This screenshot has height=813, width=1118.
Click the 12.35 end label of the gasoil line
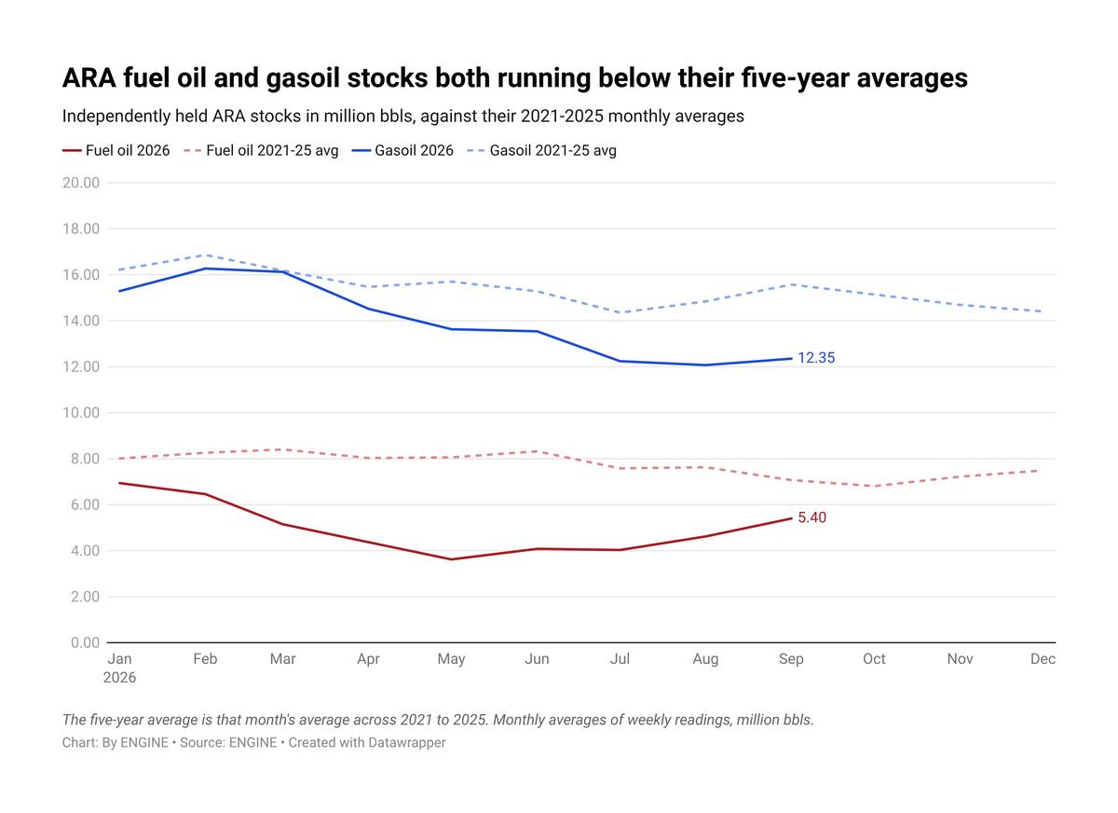[816, 358]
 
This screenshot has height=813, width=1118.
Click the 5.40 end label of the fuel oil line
[812, 517]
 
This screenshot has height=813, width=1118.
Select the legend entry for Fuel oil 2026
[116, 150]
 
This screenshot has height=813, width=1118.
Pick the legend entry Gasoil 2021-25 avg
[541, 150]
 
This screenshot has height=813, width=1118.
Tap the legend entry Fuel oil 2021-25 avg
[261, 150]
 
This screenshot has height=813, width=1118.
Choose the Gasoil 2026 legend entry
[402, 150]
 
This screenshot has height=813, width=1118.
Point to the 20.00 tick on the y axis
[81, 183]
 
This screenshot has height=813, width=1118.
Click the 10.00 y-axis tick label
[81, 413]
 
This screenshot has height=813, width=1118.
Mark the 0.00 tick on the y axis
[85, 642]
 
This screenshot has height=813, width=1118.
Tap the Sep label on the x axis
[791, 659]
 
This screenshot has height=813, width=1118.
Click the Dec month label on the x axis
[1043, 659]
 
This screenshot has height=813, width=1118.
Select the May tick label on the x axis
[451, 660]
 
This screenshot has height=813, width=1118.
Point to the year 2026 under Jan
[119, 678]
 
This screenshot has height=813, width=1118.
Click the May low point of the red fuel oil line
[451, 559]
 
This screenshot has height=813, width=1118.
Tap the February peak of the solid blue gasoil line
[205, 269]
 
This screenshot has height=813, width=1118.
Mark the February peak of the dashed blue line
[205, 255]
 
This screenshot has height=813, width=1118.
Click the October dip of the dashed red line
[874, 486]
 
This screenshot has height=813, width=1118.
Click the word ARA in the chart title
[89, 78]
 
